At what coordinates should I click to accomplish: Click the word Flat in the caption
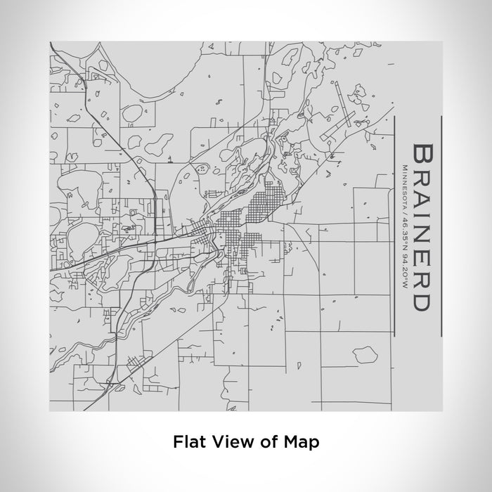click(x=186, y=442)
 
